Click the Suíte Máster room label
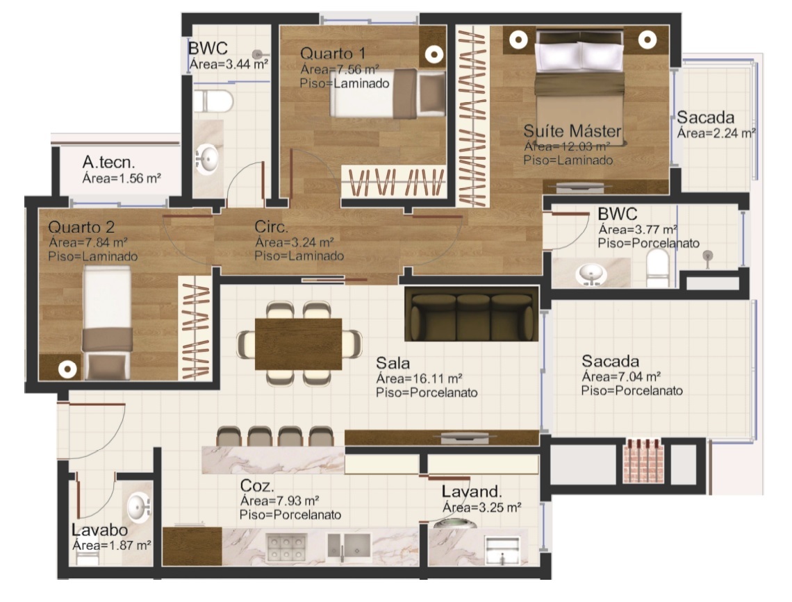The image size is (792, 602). [572, 131]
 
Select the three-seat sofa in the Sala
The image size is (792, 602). [472, 315]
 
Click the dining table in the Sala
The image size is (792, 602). [299, 344]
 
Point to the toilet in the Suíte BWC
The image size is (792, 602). [658, 267]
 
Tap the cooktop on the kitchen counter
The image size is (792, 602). [286, 548]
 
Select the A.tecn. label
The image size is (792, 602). [108, 162]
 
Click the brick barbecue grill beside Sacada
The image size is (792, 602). [643, 461]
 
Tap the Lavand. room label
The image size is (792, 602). [472, 491]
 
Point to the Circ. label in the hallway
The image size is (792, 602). [271, 226]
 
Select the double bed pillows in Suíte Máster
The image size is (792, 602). [579, 56]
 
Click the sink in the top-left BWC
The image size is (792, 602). [207, 159]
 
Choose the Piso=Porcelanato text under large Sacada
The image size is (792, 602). [632, 390]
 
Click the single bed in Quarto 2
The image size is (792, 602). [106, 323]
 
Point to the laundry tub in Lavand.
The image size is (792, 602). [502, 551]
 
